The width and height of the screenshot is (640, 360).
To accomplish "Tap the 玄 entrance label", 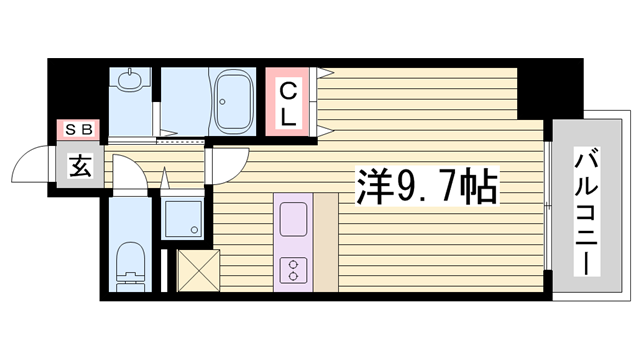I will [x=78, y=167].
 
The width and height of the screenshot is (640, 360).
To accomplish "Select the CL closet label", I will [x=288, y=103].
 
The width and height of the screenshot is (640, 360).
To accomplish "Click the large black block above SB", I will [x=78, y=90].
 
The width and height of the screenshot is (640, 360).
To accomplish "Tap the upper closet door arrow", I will [x=326, y=73].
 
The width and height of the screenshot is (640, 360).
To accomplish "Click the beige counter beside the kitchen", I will [x=328, y=240].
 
